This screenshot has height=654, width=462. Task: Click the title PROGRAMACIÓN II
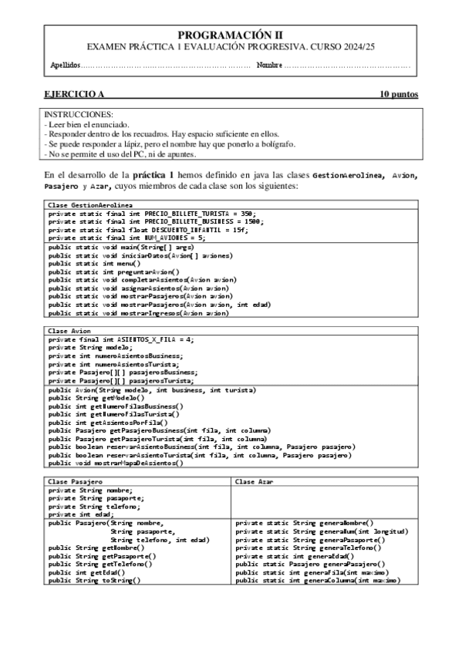point(231,35)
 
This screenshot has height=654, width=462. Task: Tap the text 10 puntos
point(398,94)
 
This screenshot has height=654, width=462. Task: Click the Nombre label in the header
point(269,64)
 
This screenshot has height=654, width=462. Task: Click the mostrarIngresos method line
point(138,314)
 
